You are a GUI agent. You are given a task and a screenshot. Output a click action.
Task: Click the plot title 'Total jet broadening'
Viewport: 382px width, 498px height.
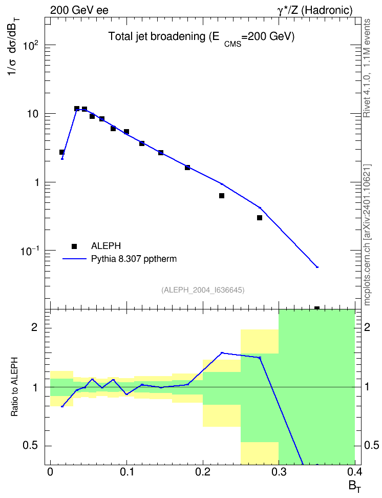click(x=157, y=36)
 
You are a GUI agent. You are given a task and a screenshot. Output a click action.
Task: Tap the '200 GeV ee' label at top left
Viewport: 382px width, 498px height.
click(x=79, y=10)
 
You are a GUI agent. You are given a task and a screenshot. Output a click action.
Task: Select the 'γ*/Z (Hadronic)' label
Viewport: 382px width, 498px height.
click(x=315, y=10)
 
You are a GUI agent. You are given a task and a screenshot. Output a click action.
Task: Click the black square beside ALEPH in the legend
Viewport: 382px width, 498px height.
click(x=74, y=246)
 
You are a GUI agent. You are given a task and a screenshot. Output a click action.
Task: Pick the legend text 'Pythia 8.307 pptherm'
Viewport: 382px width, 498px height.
click(x=134, y=259)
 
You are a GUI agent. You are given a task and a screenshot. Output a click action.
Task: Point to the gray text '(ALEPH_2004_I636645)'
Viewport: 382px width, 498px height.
click(x=203, y=290)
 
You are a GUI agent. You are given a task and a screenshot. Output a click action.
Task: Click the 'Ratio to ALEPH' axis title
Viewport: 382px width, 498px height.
click(x=14, y=386)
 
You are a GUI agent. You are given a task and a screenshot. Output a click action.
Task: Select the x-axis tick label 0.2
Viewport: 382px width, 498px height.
click(x=203, y=472)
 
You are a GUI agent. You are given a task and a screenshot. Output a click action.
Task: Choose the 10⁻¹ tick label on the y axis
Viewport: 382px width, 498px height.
click(x=30, y=251)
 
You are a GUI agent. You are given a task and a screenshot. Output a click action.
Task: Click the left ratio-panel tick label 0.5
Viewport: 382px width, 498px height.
click(x=30, y=446)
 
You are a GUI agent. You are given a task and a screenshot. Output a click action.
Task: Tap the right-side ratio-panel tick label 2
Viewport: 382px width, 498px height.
click(x=367, y=327)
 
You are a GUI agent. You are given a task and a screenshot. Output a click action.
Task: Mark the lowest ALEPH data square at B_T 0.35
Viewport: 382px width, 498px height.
click(x=317, y=308)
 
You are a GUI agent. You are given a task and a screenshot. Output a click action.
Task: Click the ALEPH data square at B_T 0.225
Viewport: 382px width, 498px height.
click(x=222, y=196)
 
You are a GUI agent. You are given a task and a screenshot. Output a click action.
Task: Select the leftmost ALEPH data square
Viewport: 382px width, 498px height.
click(x=62, y=152)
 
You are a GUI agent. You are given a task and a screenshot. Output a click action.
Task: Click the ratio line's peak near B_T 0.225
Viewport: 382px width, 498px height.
click(x=222, y=352)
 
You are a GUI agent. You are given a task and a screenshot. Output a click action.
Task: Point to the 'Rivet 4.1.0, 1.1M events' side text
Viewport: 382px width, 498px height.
click(x=367, y=68)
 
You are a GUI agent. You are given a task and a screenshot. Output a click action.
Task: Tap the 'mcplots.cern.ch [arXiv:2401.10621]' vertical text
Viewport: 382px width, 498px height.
click(x=367, y=235)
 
